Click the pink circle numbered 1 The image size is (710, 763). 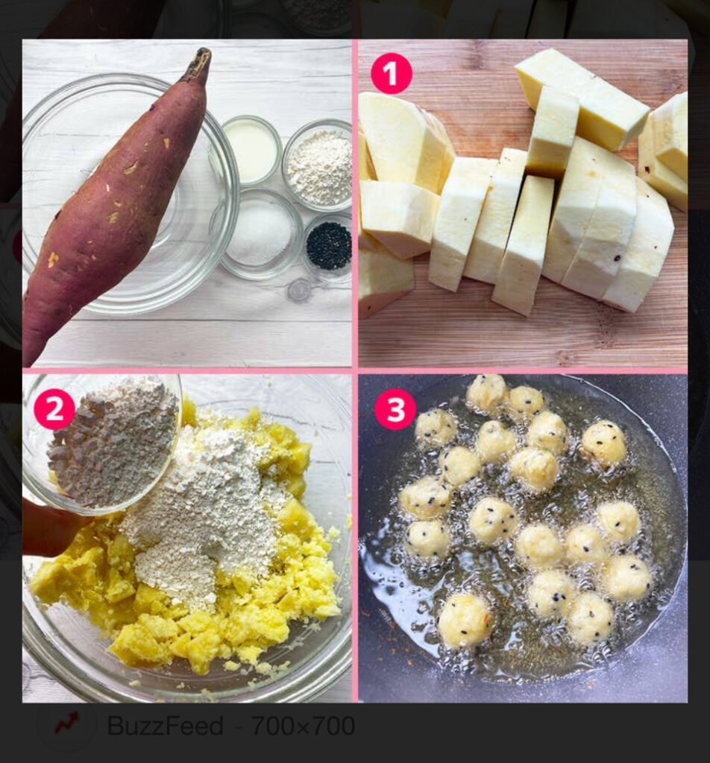pyautogui.click(x=391, y=74)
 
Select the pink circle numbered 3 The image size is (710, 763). pyautogui.click(x=395, y=409)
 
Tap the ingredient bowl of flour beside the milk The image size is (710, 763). pyautogui.click(x=318, y=165)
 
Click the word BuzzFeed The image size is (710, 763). pyautogui.click(x=165, y=726)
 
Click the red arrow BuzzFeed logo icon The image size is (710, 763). pyautogui.click(x=67, y=724)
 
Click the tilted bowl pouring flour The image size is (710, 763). pyautogui.click(x=102, y=443)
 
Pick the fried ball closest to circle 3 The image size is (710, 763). pyautogui.click(x=436, y=427)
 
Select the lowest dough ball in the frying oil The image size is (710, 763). pyautogui.click(x=464, y=620)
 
